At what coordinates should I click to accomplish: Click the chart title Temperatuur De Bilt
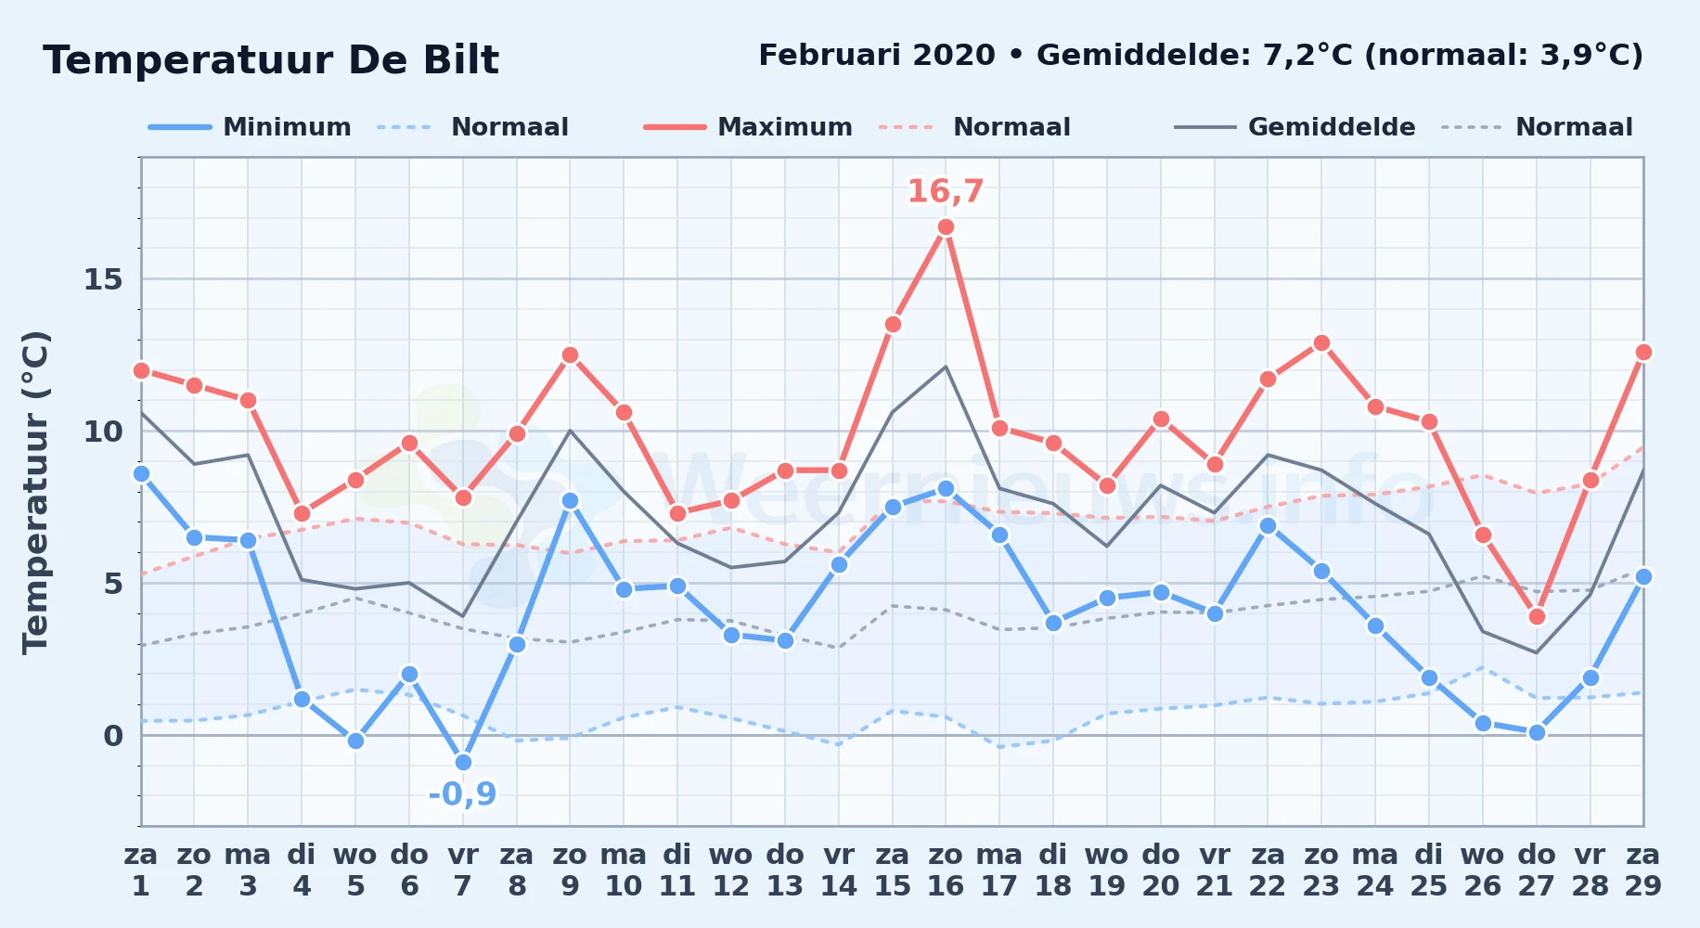pos(271,60)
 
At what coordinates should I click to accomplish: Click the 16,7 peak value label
pos(945,191)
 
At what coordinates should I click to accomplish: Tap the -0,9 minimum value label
pos(462,794)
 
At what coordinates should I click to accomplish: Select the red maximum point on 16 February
pos(946,227)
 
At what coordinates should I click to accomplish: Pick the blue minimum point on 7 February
pos(463,763)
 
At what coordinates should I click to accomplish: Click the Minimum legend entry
pos(250,127)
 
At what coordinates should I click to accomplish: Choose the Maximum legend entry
pos(748,127)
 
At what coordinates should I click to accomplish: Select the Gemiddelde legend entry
pos(1295,127)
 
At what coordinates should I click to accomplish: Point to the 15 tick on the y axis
pos(103,279)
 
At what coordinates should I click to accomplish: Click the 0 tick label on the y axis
pos(113,736)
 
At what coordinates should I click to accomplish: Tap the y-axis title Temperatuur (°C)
pos(36,492)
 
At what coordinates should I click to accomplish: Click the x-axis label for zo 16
pos(946,870)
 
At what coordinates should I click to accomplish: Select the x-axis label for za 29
pos(1643,870)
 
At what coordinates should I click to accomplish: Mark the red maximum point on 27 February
pos(1537,617)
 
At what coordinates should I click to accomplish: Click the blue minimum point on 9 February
pos(570,501)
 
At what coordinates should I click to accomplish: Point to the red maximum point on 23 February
pos(1321,343)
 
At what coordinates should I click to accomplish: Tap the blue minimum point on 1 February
pos(141,474)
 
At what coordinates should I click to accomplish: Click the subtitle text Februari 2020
pos(877,56)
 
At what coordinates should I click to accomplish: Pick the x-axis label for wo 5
pos(355,870)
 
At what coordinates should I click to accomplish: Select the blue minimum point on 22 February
pos(1268,526)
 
